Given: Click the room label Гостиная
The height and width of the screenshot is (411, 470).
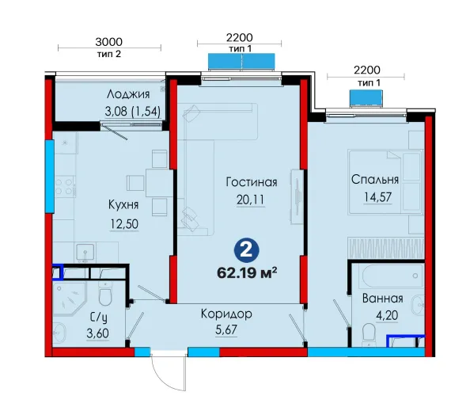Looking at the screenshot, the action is pos(252,182).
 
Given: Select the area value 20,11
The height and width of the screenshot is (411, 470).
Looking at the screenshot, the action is pos(250,200).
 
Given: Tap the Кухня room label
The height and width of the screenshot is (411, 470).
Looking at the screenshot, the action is pos(123,205).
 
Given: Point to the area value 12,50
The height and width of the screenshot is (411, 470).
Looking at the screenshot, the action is pos(124,224).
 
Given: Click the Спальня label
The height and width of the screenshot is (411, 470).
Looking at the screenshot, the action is pos(375,180).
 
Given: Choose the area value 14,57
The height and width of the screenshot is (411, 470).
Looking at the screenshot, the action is pos(377,197).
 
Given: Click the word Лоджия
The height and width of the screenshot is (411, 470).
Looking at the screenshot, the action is pos(128,94).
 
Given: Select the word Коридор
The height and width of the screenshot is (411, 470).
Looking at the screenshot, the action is pos(226,314).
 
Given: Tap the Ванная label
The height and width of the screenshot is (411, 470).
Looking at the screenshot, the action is pos(383,299).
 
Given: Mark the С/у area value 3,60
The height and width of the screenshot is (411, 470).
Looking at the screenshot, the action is pos(97,333).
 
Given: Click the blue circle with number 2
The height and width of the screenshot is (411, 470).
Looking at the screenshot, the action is pos(246,250).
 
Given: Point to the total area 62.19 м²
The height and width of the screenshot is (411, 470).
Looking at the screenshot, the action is pos(247,273).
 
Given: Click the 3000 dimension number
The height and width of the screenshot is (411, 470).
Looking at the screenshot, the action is pos(109,42).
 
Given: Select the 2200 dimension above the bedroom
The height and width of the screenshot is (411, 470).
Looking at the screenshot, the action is pos(367,70).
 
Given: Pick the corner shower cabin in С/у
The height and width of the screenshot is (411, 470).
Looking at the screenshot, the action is pos(70,299).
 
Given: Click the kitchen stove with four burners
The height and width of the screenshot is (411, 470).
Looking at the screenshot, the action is pos(64,187).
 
